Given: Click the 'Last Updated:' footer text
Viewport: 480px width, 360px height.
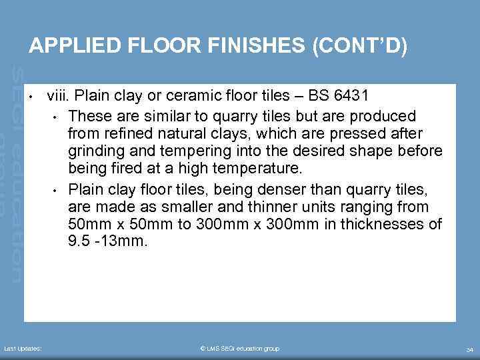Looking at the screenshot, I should pyautogui.click(x=23, y=349).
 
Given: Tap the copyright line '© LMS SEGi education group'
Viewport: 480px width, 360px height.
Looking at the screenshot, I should pyautogui.click(x=239, y=349).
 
